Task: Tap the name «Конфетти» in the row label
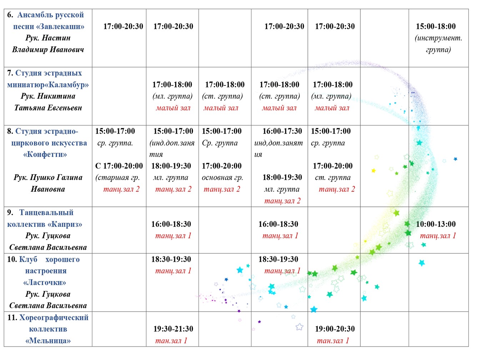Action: point(45,154)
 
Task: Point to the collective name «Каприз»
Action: point(65,224)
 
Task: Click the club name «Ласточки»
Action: point(45,282)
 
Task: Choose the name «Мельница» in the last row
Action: point(48,341)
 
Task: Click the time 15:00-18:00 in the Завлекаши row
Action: point(436,26)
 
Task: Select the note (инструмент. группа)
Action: point(438,44)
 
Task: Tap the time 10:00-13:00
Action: point(436,224)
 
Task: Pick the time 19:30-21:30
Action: point(173,329)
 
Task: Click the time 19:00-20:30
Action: point(335,329)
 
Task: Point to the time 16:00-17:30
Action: point(282,131)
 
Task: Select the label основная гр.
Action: point(222,177)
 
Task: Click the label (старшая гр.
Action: point(117,177)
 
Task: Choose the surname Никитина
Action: point(56,96)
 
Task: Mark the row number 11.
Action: point(12,317)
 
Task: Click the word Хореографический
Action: point(54,317)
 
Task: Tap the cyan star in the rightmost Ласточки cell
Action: point(422,263)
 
